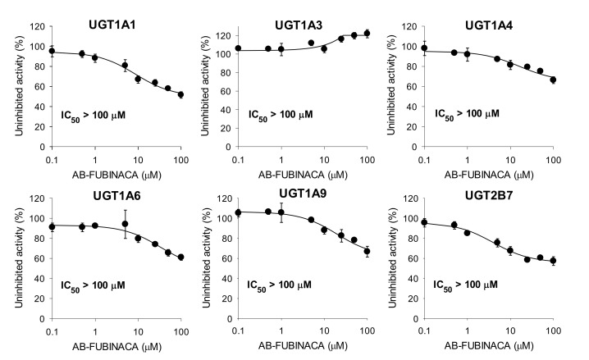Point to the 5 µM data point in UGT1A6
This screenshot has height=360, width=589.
tap(125, 224)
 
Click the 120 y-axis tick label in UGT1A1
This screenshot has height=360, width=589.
tap(35, 27)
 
